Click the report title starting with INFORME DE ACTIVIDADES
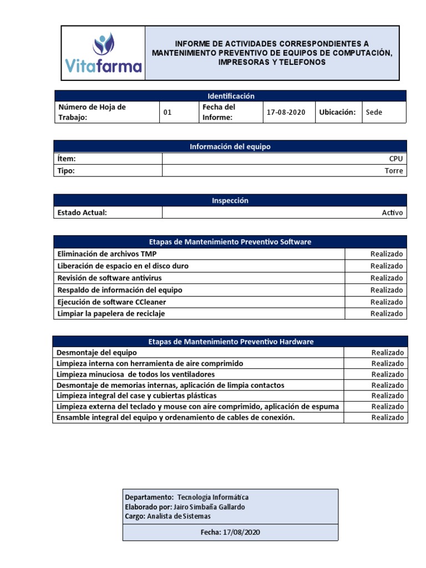click(272, 53)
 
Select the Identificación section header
click(230, 96)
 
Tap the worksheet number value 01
click(168, 112)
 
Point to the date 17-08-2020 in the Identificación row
click(286, 112)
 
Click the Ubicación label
click(337, 112)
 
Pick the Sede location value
click(374, 112)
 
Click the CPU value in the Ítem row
click(396, 159)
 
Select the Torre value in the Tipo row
click(394, 171)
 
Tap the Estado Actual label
click(82, 212)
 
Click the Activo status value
click(393, 212)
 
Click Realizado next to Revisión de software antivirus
click(387, 278)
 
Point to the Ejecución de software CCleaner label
click(111, 302)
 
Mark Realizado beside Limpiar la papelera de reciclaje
click(387, 313)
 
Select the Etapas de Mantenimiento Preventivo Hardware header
click(230, 342)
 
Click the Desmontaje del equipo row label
click(97, 352)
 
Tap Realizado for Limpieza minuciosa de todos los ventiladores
click(388, 374)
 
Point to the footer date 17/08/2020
click(241, 532)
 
